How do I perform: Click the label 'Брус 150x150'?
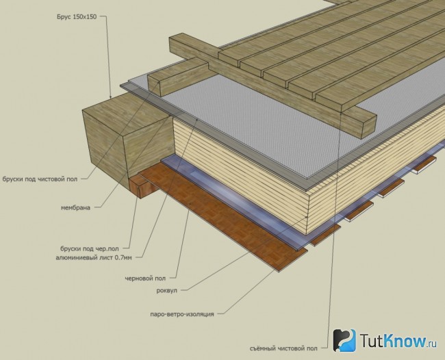[x=77, y=16]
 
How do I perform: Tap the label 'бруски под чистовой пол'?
[x=40, y=179]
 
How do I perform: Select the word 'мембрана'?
[x=75, y=207]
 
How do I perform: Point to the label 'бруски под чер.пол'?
[x=90, y=249]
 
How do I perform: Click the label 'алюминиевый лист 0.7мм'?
[x=94, y=258]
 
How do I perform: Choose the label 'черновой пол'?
[x=145, y=279]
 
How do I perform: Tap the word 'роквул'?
[x=167, y=290]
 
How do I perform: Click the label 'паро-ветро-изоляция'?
[x=182, y=314]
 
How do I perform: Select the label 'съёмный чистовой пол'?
[x=283, y=348]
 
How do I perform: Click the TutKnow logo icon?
[x=344, y=340]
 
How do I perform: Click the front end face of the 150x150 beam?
[x=104, y=142]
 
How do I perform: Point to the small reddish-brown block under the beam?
[x=141, y=186]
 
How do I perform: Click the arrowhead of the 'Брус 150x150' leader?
[x=111, y=97]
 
